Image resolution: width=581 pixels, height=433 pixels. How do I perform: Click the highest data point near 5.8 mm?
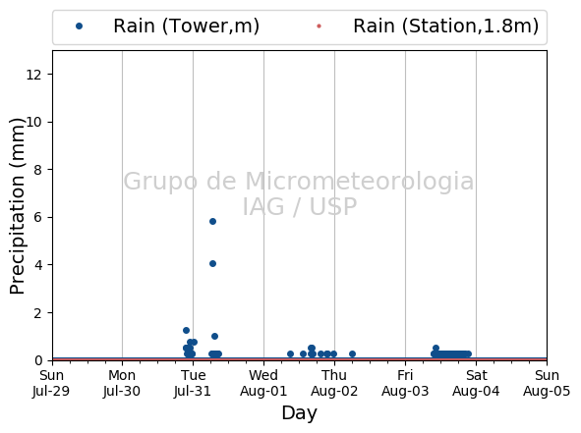(x=212, y=221)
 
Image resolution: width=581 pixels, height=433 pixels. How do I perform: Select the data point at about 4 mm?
(x=212, y=263)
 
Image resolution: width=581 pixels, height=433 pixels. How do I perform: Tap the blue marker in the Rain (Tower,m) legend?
(x=79, y=26)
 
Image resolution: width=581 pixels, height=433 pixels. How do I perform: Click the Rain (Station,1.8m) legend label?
(x=445, y=26)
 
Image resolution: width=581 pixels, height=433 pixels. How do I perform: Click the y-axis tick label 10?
(x=33, y=122)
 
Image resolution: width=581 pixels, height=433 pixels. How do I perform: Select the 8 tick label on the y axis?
(x=37, y=170)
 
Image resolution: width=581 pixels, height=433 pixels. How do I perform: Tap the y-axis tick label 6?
(x=37, y=217)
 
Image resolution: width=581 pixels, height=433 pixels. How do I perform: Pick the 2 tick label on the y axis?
(x=37, y=313)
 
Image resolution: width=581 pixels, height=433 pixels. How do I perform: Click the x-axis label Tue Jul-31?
(x=193, y=383)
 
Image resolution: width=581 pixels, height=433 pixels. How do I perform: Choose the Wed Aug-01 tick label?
(x=263, y=383)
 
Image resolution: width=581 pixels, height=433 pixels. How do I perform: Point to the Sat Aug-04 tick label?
(x=476, y=383)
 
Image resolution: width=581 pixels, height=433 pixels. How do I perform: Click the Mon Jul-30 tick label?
(x=122, y=383)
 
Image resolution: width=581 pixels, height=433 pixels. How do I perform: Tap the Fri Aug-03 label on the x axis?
(x=405, y=383)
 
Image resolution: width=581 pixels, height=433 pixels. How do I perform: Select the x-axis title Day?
(x=300, y=413)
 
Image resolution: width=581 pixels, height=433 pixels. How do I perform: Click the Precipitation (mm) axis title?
(x=17, y=206)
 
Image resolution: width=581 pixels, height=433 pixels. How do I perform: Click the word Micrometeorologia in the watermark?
(x=360, y=182)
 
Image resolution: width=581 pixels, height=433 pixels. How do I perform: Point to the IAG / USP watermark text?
(x=300, y=206)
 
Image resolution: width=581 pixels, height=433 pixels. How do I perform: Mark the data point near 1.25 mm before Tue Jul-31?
(x=187, y=330)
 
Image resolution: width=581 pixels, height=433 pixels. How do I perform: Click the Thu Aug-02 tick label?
(x=334, y=383)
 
